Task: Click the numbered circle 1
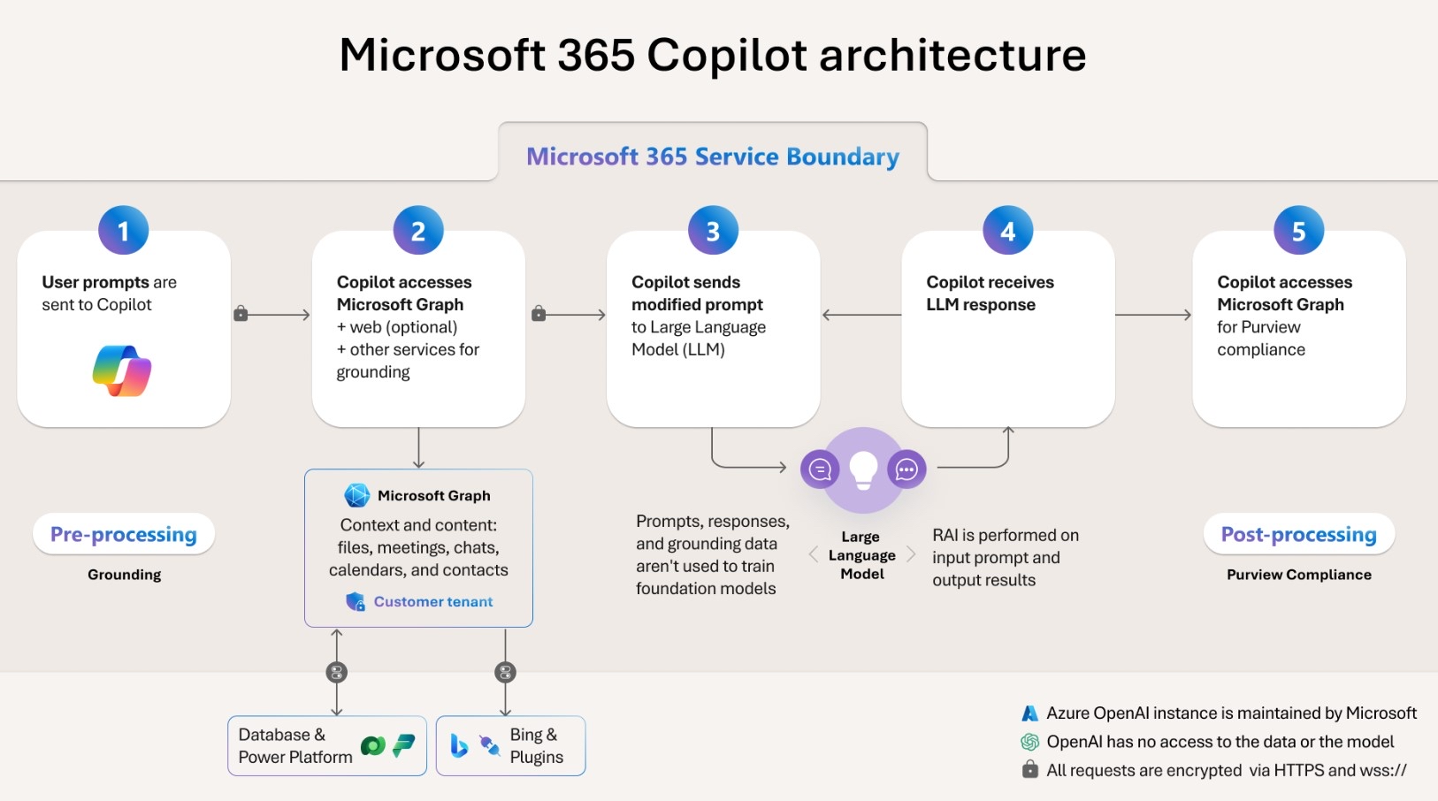(x=124, y=231)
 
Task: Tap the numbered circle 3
(x=713, y=231)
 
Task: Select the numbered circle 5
(x=1298, y=231)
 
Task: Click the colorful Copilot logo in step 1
(x=122, y=370)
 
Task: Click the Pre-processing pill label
(x=124, y=534)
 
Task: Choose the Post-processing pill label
(x=1298, y=534)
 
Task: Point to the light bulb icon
(x=863, y=469)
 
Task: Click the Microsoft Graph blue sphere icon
(x=357, y=495)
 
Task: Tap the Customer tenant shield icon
(x=356, y=602)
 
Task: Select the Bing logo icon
(x=459, y=746)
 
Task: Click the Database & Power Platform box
(x=326, y=746)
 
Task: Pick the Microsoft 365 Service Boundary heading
(x=713, y=156)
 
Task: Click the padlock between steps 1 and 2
(x=241, y=314)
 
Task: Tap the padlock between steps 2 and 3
(x=539, y=314)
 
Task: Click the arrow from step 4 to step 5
(x=1153, y=315)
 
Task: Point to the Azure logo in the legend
(x=1029, y=713)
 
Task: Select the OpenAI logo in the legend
(x=1029, y=742)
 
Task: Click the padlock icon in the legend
(x=1029, y=769)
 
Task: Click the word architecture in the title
(x=952, y=55)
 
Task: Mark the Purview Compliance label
(x=1298, y=575)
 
